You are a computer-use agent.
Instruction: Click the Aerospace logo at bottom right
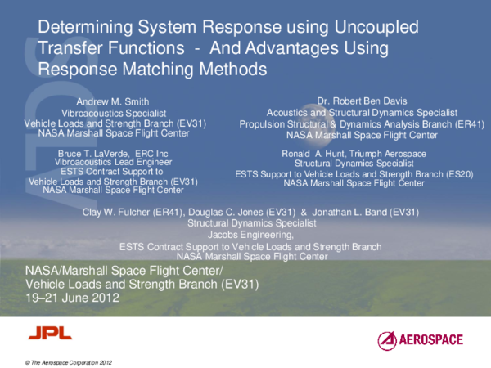pos(420,339)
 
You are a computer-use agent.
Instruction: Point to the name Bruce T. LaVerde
pos(89,154)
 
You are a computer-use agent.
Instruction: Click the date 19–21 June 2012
pos(73,298)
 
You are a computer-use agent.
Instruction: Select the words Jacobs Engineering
pos(251,234)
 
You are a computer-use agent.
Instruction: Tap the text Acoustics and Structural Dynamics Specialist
pos(363,112)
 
